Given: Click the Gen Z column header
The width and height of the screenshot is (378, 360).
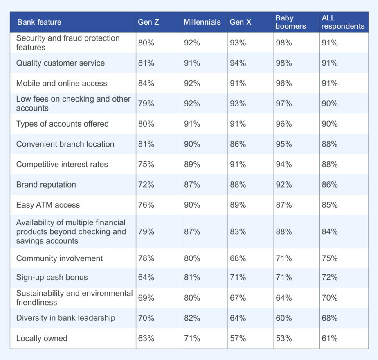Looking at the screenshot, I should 148,22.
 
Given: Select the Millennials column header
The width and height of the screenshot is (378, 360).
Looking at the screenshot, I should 202,22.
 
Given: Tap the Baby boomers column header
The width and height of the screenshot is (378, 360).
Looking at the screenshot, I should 290,22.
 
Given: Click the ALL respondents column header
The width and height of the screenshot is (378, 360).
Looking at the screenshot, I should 342,22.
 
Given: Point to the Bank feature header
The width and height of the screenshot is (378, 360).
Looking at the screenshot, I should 39,22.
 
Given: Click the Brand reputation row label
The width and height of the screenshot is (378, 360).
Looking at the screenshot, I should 46,185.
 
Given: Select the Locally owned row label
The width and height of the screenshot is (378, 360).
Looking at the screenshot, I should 42,338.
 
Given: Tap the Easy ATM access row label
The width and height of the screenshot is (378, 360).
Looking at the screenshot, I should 48,205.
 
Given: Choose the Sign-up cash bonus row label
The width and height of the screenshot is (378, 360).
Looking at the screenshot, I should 52,277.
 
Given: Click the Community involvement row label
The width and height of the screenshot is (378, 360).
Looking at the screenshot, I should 59,258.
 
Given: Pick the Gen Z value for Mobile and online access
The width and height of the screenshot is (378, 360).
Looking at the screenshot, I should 146,83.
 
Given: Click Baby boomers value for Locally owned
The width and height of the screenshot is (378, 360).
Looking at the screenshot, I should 284,338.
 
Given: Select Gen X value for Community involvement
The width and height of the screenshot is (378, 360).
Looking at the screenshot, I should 238,258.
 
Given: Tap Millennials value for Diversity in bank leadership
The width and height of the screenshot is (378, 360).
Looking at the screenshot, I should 192,318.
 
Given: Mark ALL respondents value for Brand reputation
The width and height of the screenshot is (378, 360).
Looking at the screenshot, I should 330,185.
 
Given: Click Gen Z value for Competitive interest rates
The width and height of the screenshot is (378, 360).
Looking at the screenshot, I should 146,164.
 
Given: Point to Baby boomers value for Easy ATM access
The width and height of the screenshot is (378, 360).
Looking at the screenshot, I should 284,205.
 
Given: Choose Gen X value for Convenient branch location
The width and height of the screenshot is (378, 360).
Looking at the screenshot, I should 238,144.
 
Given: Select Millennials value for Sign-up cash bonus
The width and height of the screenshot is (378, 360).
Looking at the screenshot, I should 192,277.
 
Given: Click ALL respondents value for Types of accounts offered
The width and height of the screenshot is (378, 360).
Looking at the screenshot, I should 330,124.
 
